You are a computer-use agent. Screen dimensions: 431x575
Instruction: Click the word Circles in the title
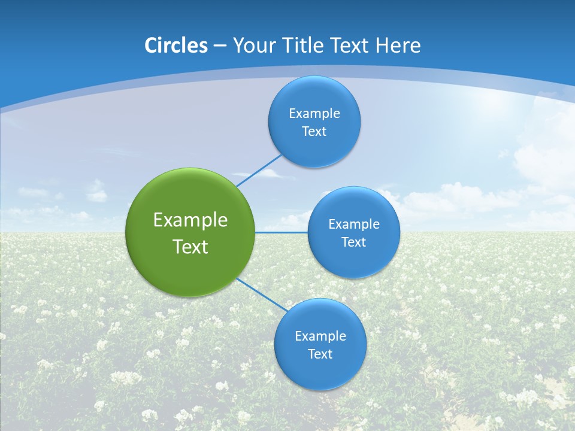tap(176, 45)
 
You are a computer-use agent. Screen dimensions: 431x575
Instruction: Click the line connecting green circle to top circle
tap(259, 170)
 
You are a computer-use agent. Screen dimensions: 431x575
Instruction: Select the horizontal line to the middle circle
tap(282, 232)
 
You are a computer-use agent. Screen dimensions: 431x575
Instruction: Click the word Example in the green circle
tap(190, 220)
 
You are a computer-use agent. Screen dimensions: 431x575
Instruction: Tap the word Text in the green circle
tap(190, 247)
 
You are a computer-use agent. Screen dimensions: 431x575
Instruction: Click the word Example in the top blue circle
tap(314, 113)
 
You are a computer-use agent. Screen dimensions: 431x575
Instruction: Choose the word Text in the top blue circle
tap(314, 131)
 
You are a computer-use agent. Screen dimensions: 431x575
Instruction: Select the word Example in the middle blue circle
tap(354, 224)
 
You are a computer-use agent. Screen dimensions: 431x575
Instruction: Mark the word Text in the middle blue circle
tap(353, 242)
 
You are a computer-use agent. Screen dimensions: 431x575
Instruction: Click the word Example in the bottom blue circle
tap(320, 336)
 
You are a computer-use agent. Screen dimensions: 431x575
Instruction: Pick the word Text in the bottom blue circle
tap(320, 354)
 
